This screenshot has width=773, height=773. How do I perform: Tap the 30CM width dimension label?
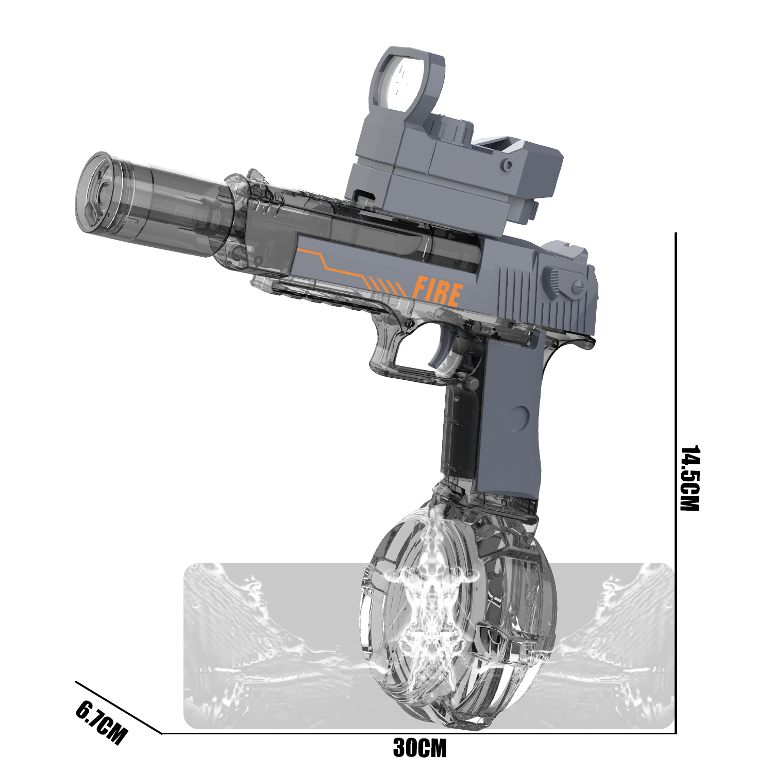coord(419,748)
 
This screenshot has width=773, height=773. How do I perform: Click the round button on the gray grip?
coord(519,418)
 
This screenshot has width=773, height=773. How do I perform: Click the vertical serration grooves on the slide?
coord(520,296)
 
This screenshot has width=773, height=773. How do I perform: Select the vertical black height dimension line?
coord(676,479)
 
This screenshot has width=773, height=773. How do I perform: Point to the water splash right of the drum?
coord(618,644)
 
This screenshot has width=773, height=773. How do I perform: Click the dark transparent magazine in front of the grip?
coord(459,433)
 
